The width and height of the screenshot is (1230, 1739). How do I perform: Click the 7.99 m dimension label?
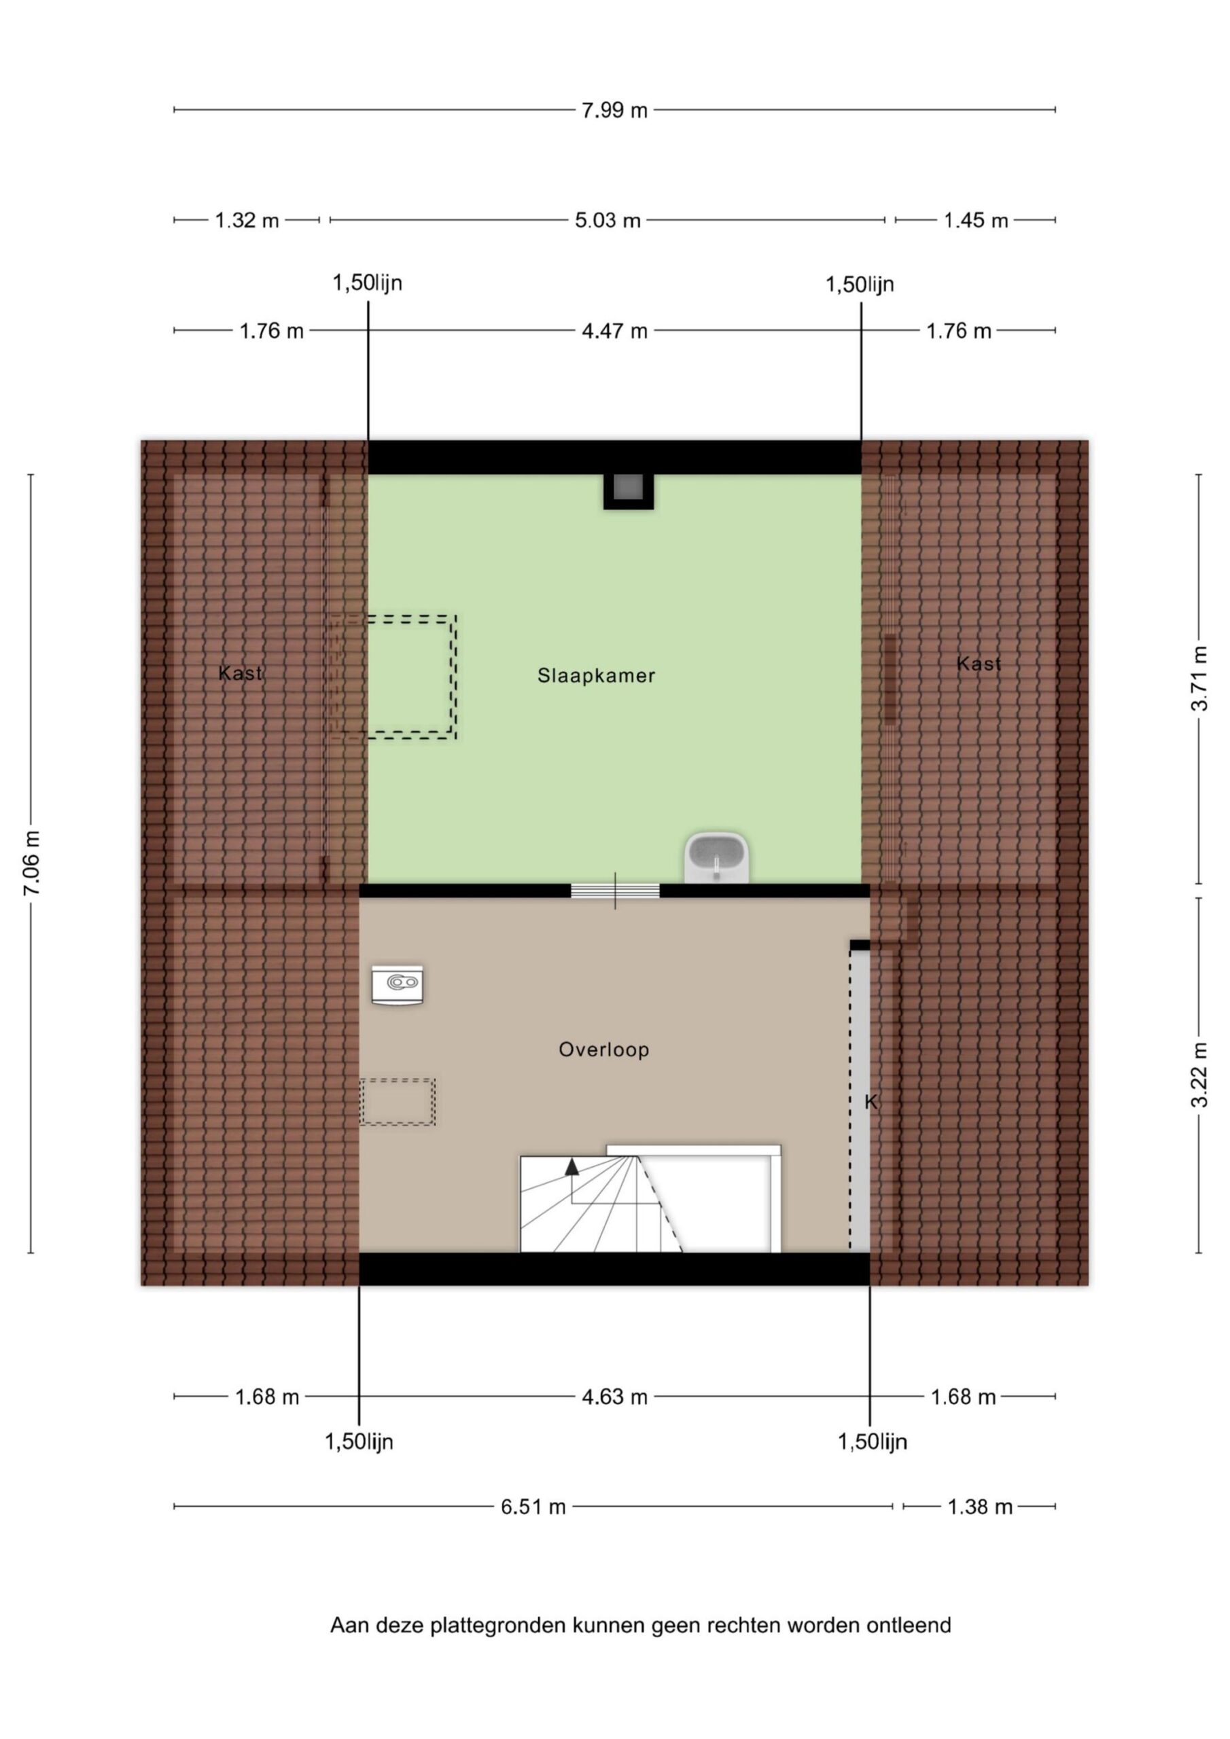(614, 111)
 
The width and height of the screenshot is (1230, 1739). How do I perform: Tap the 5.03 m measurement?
(607, 220)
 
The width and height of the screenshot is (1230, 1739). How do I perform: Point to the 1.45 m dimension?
(975, 220)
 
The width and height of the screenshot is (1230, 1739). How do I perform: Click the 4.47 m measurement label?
(614, 331)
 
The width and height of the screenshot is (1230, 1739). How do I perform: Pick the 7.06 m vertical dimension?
(32, 863)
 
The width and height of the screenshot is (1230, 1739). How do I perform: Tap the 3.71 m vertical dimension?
(1199, 678)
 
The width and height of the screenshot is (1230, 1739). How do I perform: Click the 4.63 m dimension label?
(614, 1397)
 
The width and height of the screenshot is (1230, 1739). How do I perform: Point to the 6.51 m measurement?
(533, 1507)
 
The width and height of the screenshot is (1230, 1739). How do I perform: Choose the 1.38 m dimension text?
(980, 1507)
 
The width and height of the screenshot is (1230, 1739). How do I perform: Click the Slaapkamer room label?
(596, 676)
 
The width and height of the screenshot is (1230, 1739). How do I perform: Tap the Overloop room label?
(603, 1049)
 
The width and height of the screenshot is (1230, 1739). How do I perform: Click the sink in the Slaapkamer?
(716, 857)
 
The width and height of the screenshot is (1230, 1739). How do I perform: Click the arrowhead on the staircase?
(572, 1167)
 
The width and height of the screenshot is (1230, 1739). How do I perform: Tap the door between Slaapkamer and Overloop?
(614, 891)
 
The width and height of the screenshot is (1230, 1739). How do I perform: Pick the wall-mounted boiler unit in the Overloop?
(397, 984)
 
